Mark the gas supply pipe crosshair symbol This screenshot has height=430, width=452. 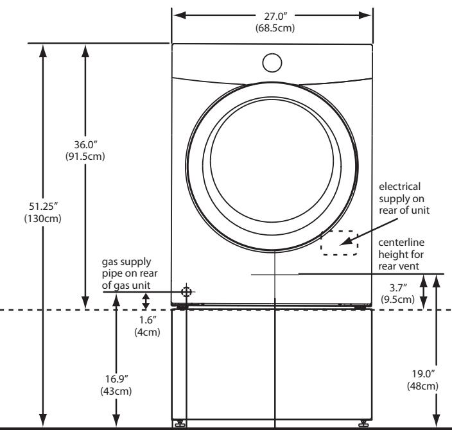tap(187, 292)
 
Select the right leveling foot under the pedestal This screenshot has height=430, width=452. tap(363, 423)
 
